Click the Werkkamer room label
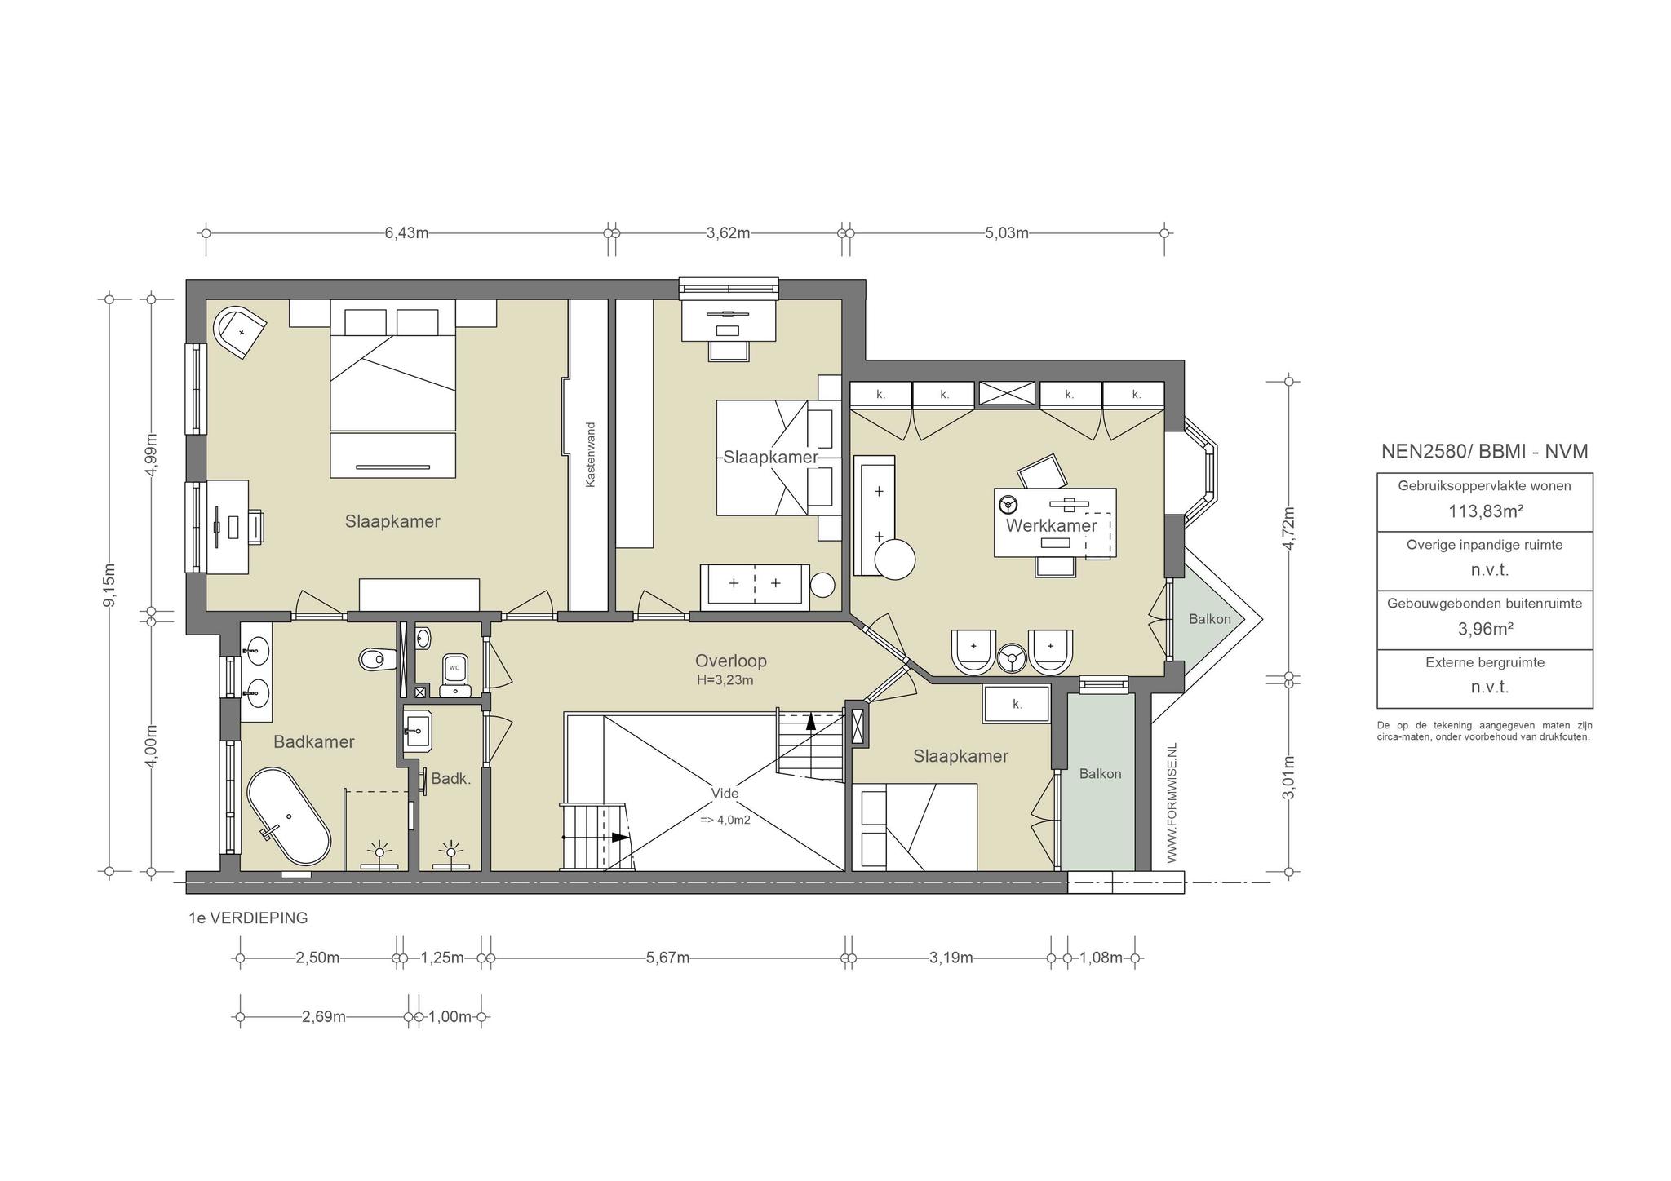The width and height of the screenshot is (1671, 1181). point(1051,526)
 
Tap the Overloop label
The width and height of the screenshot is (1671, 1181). point(730,661)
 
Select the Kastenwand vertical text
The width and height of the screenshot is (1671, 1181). point(591,455)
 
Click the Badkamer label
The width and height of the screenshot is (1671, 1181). point(314,742)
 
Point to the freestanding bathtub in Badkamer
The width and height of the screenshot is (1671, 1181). point(289,815)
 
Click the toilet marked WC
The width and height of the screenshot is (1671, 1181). point(454,675)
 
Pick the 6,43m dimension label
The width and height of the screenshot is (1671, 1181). point(406,233)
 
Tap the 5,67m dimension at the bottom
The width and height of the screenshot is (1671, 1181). point(667,958)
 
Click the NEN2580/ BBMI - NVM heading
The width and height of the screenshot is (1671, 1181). point(1484,452)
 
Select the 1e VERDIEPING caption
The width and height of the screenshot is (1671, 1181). point(248,918)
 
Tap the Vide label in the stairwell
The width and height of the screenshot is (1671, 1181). point(725,794)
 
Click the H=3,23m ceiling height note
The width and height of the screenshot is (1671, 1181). point(725,680)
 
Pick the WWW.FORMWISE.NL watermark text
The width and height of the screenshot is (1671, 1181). point(1172,803)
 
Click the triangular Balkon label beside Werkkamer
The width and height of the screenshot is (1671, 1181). point(1209,619)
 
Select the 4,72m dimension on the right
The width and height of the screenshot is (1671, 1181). point(1289,529)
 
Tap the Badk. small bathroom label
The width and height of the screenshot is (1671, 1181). point(451,779)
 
